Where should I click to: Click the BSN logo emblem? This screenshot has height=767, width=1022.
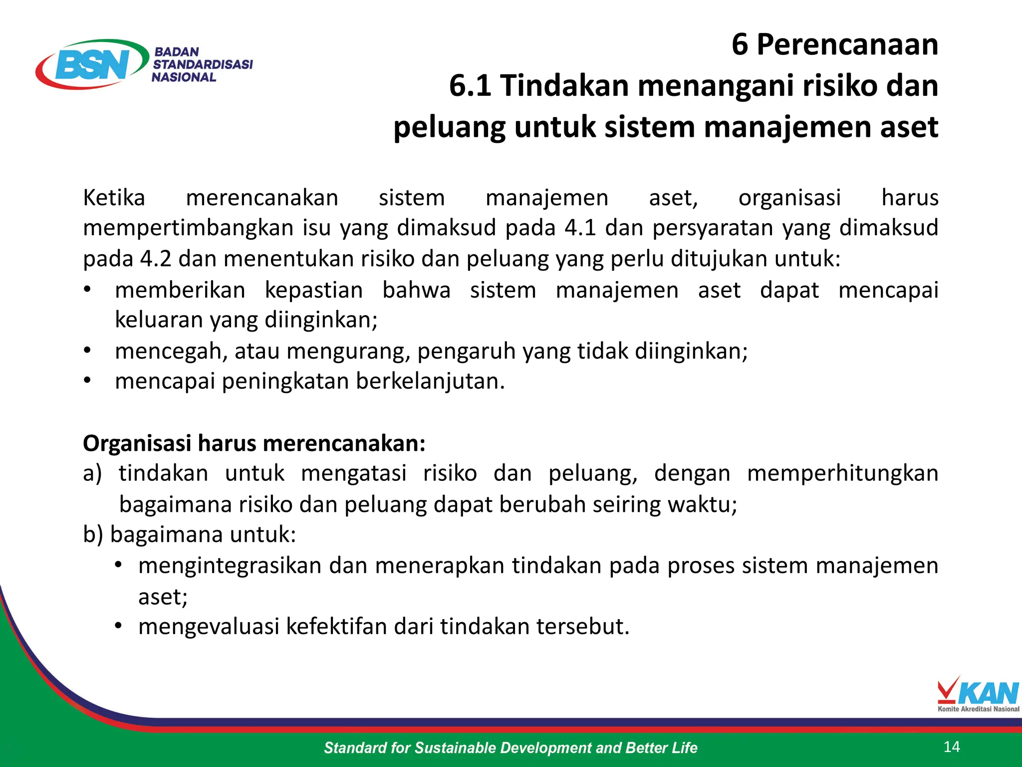92,64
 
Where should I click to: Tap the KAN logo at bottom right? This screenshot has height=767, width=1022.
978,694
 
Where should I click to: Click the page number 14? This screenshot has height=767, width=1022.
952,747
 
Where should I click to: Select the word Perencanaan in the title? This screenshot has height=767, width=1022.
847,45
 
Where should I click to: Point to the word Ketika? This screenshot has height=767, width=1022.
114,198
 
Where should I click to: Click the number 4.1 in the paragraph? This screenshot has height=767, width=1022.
580,228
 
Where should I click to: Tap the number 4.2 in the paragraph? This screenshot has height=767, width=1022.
156,259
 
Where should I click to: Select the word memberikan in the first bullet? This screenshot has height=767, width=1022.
180,290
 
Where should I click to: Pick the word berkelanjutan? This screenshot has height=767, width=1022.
430,382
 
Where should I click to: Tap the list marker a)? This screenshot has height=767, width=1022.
92,473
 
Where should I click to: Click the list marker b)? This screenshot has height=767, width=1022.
93,534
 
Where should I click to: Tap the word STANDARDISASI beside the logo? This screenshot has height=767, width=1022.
203,64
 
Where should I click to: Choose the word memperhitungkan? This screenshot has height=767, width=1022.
842,473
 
